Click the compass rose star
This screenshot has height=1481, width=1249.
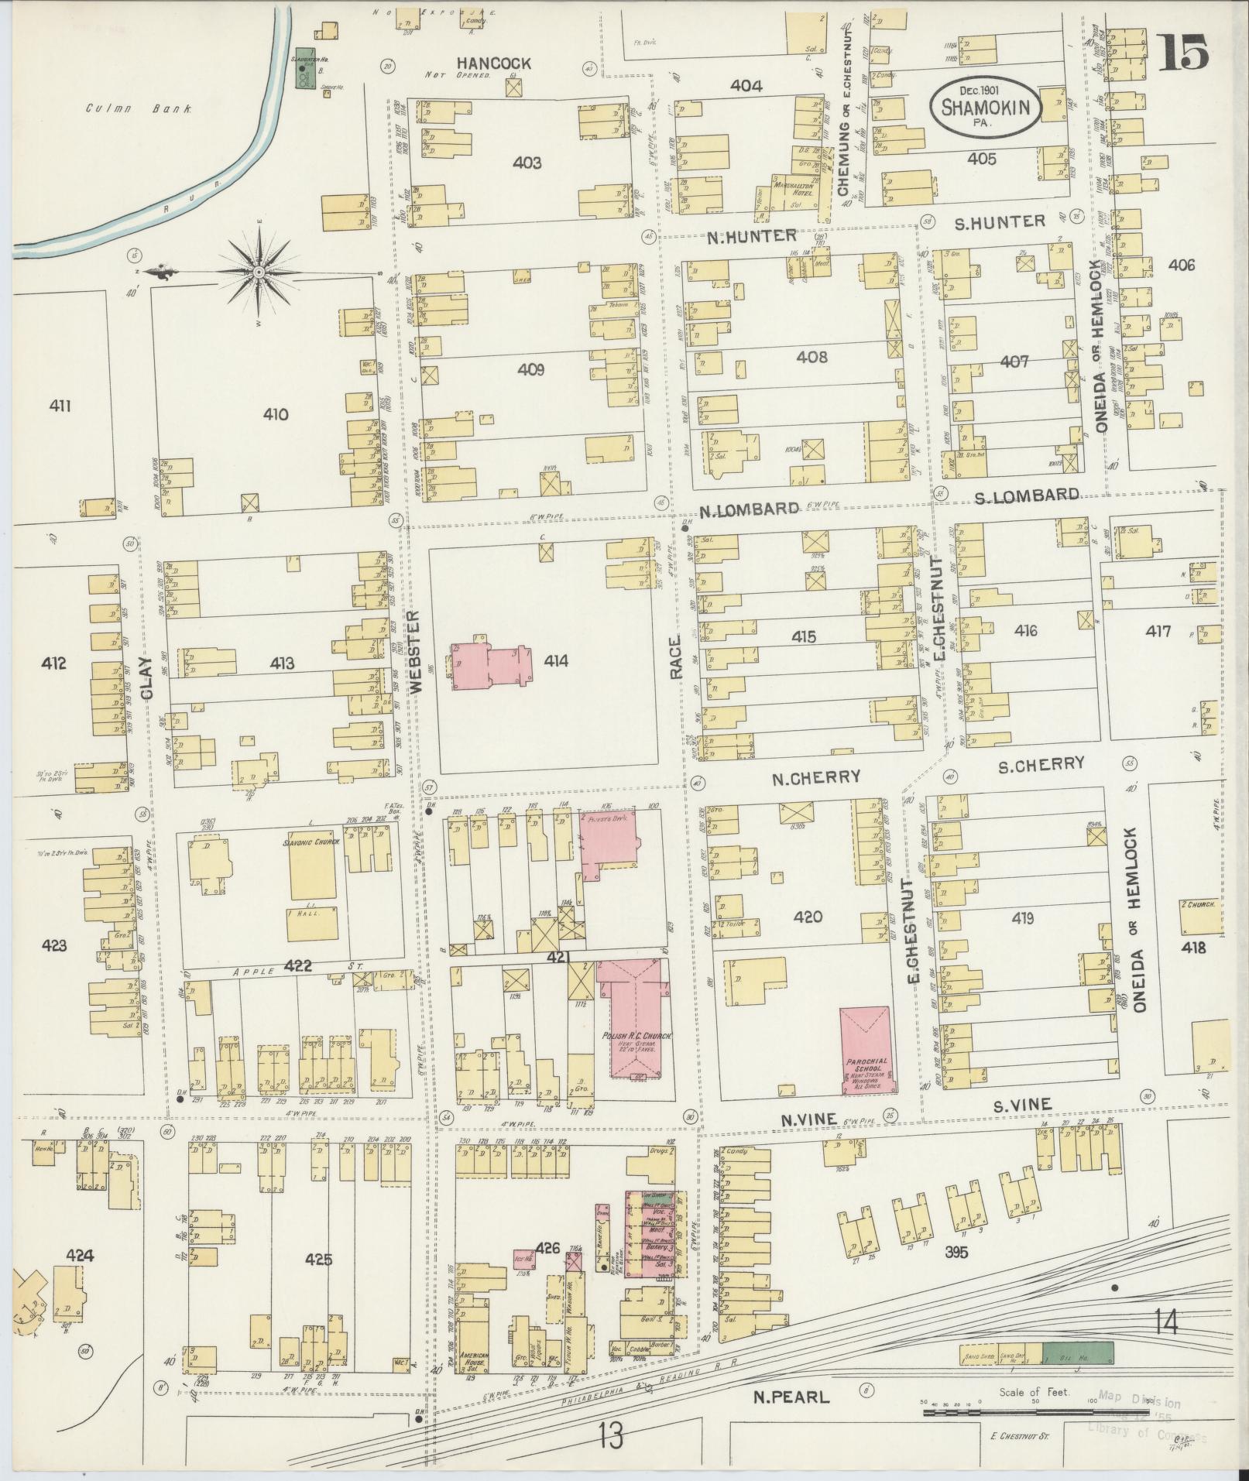257,273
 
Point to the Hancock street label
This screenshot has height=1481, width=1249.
493,63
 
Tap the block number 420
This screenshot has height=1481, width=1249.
808,917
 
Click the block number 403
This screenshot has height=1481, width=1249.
527,163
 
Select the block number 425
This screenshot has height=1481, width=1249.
318,1260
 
